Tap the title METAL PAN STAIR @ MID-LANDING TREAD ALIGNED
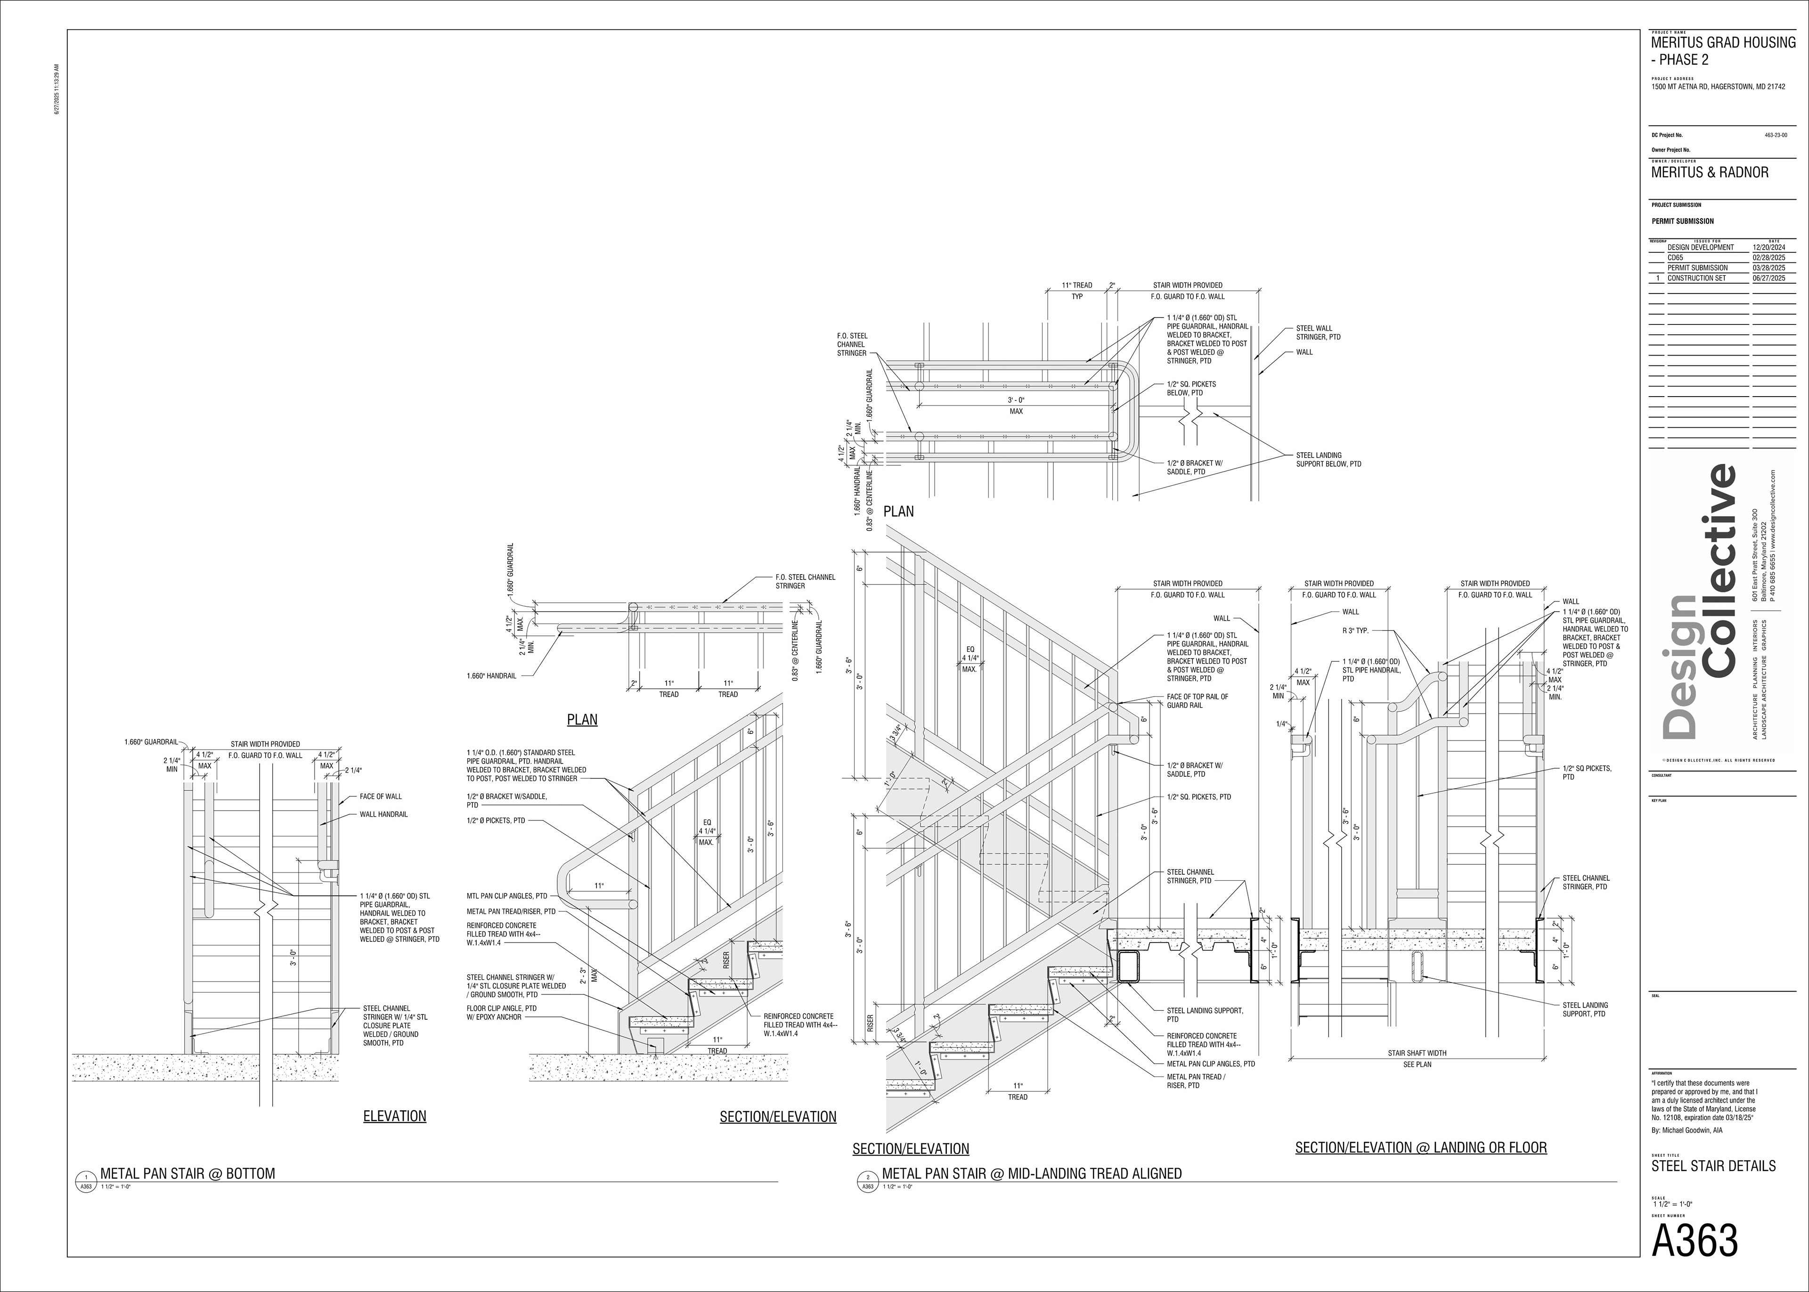[x=1031, y=1173]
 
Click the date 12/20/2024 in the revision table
[x=1768, y=247]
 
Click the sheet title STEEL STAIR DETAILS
[x=1713, y=1166]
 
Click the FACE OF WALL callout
[x=380, y=796]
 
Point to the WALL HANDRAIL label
[x=383, y=815]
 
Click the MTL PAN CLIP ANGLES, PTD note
[x=507, y=896]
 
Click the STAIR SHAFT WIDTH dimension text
[x=1417, y=1053]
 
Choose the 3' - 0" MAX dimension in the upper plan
[x=1016, y=406]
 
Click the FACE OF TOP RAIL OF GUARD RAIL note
[x=1197, y=701]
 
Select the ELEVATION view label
[x=395, y=1116]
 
